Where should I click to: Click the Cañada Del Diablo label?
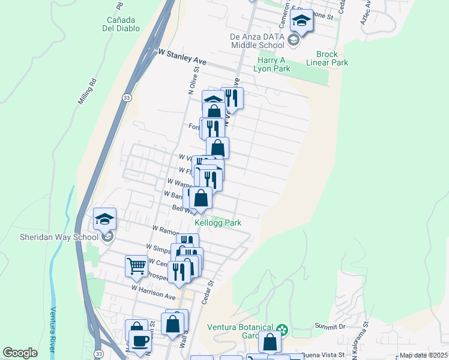tap(121, 23)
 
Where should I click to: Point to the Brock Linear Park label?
tap(327, 58)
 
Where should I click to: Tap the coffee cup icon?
tap(140, 341)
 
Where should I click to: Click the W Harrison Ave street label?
tap(154, 293)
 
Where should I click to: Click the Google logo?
tap(20, 353)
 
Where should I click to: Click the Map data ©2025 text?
tap(423, 355)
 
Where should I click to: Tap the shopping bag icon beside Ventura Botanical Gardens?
tap(270, 341)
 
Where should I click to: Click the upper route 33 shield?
tap(126, 97)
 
